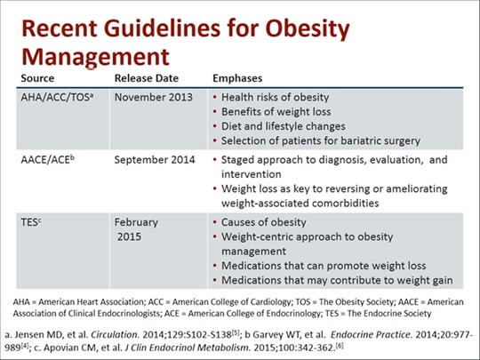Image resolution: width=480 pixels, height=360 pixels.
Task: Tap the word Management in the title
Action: (95, 57)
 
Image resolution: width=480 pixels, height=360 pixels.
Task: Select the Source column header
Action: (37, 78)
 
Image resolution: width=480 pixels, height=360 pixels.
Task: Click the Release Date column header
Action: (147, 78)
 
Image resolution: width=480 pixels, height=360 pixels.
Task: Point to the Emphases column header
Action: (237, 78)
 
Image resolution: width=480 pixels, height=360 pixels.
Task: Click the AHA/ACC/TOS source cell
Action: (57, 97)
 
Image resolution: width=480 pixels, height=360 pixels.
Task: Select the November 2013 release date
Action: (154, 98)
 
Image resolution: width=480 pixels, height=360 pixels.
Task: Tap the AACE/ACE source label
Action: (47, 160)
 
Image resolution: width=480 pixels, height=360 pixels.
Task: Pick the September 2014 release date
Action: (155, 160)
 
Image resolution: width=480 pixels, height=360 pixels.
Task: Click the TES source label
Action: (31, 222)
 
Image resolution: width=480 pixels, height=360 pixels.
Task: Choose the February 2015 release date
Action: (136, 229)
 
